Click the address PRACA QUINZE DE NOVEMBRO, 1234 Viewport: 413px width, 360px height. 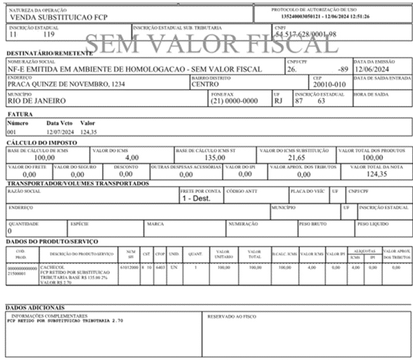click(x=66, y=84)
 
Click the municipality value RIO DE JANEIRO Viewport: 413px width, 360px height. click(x=36, y=101)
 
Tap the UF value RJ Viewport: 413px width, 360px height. click(x=278, y=101)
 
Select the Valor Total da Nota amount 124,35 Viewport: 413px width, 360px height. click(x=376, y=174)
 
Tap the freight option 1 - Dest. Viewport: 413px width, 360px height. click(x=196, y=198)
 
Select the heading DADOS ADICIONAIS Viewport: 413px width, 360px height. click(x=35, y=308)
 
